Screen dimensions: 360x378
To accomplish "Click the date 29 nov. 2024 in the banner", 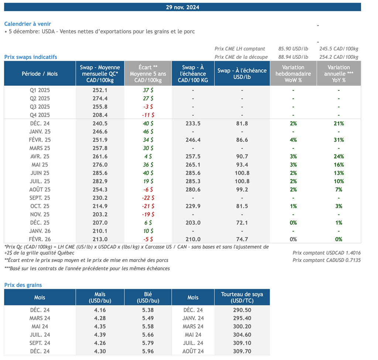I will [183, 7].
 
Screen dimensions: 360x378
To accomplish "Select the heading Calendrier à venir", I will [28, 24].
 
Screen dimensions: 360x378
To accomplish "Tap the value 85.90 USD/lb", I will [293, 49].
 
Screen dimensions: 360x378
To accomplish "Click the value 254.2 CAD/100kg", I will [339, 57].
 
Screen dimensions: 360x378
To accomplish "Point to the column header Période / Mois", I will [39, 73].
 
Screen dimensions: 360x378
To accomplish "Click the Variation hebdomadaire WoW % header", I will [293, 73].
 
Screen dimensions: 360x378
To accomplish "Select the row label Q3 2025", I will [39, 107].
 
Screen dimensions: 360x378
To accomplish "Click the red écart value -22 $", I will [148, 198].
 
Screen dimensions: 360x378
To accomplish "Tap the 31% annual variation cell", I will [339, 140].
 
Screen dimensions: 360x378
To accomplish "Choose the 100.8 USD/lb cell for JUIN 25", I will [242, 173].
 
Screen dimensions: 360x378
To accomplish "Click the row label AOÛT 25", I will [39, 190].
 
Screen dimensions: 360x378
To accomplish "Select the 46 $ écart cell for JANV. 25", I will [148, 132].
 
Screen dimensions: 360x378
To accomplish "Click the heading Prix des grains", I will [23, 285].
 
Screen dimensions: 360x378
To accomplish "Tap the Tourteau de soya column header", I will [242, 297].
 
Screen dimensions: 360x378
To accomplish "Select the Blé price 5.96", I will [148, 352].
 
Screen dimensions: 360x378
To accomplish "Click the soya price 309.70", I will [242, 352].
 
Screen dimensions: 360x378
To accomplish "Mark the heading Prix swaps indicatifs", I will [31, 57].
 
